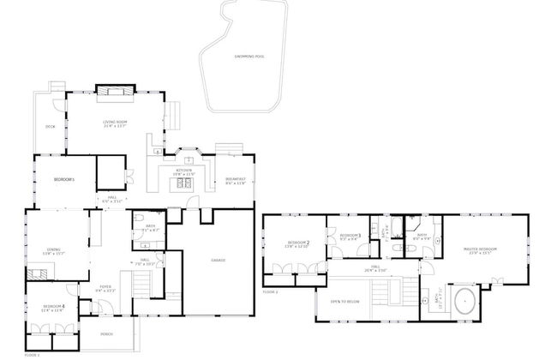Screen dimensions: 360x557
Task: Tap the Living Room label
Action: [x=115, y=123]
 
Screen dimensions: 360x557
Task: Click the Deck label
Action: [x=50, y=127]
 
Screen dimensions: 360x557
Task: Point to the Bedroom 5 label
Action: [x=64, y=179]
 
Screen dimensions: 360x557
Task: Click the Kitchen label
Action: [x=185, y=171]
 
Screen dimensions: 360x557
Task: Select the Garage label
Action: [x=219, y=259]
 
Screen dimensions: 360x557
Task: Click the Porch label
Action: [x=107, y=333]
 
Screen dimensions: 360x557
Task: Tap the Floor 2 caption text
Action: [x=271, y=292]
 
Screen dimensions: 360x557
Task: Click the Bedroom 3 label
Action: [x=349, y=236]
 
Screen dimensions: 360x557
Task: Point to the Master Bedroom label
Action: [x=480, y=250]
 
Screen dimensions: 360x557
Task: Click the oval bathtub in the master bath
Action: [x=464, y=302]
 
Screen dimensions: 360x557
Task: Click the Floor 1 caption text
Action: [x=33, y=354]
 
